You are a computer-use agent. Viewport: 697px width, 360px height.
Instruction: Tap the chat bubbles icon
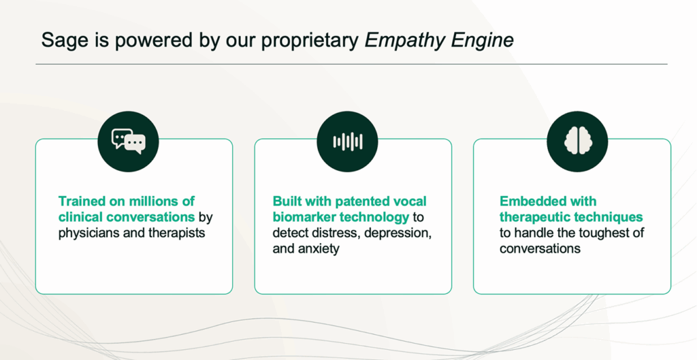129,142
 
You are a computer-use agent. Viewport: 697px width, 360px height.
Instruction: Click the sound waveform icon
348,142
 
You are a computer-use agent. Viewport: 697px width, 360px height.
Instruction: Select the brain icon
577,141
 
